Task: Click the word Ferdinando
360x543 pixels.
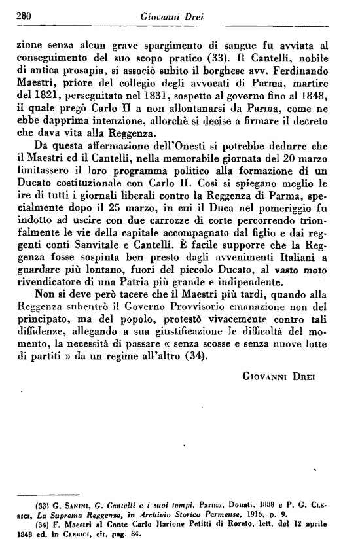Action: pyautogui.click(x=314, y=74)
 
